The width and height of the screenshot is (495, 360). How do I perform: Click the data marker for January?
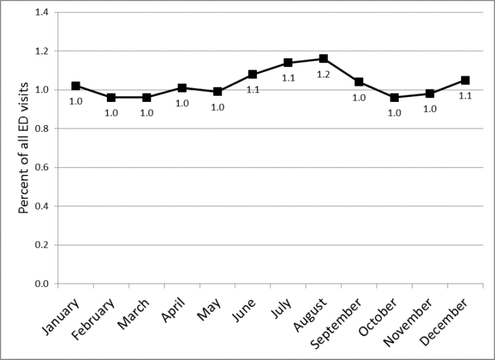[76, 86]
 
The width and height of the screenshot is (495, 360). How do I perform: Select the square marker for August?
[323, 59]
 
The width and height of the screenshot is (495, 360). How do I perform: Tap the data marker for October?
[394, 97]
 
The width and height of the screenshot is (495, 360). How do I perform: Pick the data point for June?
[252, 74]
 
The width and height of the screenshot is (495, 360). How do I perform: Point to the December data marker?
[465, 80]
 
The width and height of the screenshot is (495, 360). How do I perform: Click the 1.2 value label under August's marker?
[323, 74]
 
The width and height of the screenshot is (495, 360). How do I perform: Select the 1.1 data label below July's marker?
[288, 78]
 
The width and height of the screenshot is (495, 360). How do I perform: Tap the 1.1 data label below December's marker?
[465, 96]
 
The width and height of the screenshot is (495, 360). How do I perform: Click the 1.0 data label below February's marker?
[111, 113]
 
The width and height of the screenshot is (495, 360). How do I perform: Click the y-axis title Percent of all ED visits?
[24, 148]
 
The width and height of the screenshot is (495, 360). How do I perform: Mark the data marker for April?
[182, 88]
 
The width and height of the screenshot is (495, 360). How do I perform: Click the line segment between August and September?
[341, 71]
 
